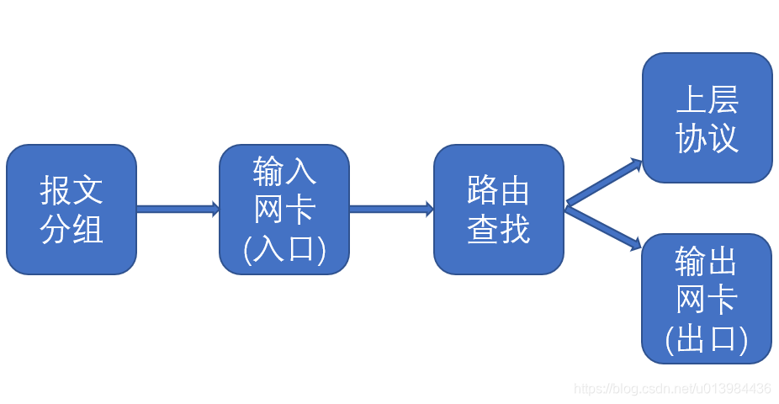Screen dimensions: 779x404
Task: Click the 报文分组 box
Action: coord(72,210)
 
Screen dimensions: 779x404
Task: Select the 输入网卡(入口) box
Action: coord(284,210)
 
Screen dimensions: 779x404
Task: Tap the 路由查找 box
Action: coord(499,210)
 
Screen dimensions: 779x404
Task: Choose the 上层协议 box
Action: coord(707,118)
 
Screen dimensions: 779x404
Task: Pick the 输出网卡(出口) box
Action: coord(707,299)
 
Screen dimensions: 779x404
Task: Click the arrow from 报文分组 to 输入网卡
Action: coord(178,209)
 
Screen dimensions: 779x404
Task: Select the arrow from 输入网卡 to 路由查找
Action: coord(391,209)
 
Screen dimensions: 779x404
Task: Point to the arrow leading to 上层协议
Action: coord(604,182)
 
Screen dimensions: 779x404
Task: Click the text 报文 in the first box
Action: coord(72,191)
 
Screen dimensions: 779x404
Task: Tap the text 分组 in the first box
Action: coord(72,229)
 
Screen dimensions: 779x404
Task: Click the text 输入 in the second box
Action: coord(284,172)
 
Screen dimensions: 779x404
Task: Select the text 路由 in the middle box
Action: coord(499,191)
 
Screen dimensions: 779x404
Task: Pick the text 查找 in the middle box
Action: coord(499,229)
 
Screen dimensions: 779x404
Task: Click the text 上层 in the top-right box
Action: coord(707,100)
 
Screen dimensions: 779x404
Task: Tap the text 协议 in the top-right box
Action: coord(707,138)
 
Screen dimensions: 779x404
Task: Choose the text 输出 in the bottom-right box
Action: coord(707,263)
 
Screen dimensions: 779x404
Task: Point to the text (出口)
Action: coord(707,339)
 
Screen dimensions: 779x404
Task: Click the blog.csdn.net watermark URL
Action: coord(672,389)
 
